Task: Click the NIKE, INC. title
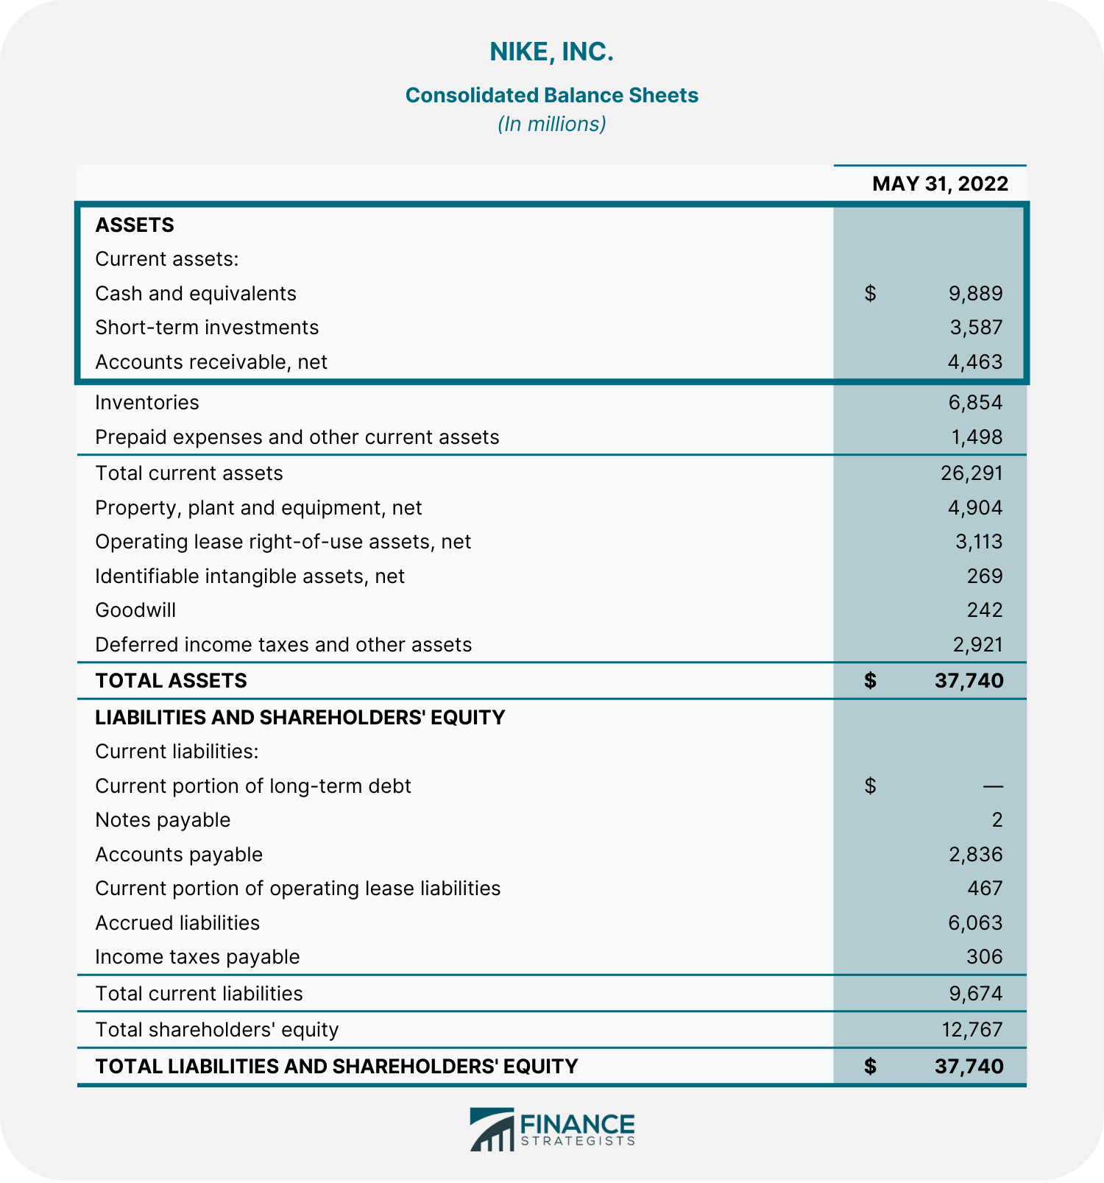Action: pyautogui.click(x=551, y=52)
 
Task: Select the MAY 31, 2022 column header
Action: pyautogui.click(x=940, y=183)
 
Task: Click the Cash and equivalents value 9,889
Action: pyautogui.click(x=975, y=294)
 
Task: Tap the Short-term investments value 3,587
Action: pyautogui.click(x=976, y=328)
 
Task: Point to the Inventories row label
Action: pyautogui.click(x=147, y=403)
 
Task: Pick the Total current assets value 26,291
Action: pyautogui.click(x=972, y=473)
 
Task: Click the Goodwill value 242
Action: pyautogui.click(x=985, y=610)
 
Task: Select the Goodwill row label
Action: pyautogui.click(x=135, y=610)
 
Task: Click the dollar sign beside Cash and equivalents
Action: pyautogui.click(x=870, y=294)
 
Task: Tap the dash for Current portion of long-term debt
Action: pyautogui.click(x=993, y=786)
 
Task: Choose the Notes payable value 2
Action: pyautogui.click(x=997, y=820)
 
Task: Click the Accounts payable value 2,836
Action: pyautogui.click(x=975, y=855)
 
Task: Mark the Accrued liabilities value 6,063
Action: pyautogui.click(x=975, y=923)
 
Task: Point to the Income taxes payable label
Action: pyautogui.click(x=197, y=957)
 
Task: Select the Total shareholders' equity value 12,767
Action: pyautogui.click(x=972, y=1030)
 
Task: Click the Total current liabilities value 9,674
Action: pyautogui.click(x=975, y=994)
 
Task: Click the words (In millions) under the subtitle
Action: pyautogui.click(x=551, y=124)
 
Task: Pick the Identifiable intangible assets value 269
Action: pyautogui.click(x=985, y=576)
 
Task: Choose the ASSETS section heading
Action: pyautogui.click(x=135, y=225)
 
